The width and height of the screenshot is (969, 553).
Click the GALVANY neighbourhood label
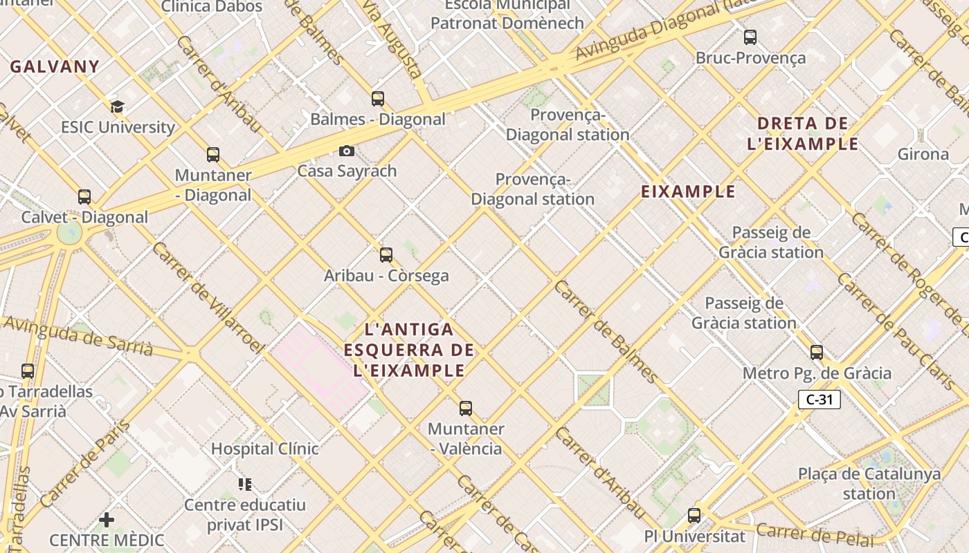(55, 67)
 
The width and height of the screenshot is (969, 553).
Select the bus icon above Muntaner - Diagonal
(213, 155)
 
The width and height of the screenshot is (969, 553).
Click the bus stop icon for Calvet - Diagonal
(84, 197)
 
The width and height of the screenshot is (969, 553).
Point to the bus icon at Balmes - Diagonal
(378, 99)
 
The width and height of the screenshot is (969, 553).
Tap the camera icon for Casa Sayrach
(347, 151)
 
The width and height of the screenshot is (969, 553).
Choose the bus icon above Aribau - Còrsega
(386, 255)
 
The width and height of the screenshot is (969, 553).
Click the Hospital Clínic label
(264, 449)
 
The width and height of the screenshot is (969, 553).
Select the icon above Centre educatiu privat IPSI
(245, 484)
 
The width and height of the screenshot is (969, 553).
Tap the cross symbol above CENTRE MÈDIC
(107, 519)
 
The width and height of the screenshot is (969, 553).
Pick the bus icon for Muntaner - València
(466, 409)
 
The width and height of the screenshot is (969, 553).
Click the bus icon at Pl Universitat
(694, 516)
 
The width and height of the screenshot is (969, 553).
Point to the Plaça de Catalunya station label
(869, 484)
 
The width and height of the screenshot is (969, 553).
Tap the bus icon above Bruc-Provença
(750, 37)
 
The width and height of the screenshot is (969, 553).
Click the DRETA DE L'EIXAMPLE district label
(807, 134)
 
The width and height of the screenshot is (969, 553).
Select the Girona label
(923, 154)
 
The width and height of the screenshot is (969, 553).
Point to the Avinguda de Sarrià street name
(78, 335)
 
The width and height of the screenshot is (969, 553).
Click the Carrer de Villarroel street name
(207, 298)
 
